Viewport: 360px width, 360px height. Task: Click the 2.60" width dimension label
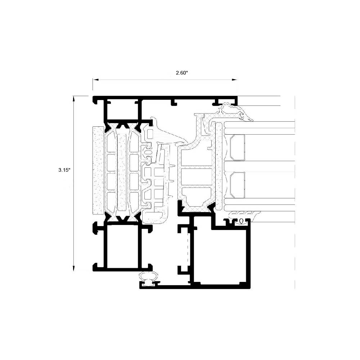tap(182, 73)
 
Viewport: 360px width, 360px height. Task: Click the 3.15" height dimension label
tap(64, 170)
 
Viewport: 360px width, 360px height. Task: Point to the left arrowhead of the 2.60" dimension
tap(95, 80)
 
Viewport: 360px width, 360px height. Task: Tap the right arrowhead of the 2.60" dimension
tap(234, 80)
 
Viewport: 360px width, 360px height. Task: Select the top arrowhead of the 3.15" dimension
tap(73, 99)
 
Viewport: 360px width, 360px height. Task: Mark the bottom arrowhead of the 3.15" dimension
tap(73, 268)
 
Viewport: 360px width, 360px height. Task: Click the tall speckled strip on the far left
tap(98, 170)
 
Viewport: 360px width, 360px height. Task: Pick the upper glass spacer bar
tap(238, 147)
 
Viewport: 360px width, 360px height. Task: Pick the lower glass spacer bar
tap(238, 185)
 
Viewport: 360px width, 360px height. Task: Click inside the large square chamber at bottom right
tap(220, 255)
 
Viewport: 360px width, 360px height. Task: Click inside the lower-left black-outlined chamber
tap(123, 246)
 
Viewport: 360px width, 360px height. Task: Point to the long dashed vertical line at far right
tap(294, 192)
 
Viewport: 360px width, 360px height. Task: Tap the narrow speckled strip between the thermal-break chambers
tap(122, 172)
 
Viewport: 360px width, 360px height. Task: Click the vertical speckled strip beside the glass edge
tap(219, 166)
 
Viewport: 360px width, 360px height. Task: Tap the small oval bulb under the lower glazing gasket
tap(241, 221)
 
